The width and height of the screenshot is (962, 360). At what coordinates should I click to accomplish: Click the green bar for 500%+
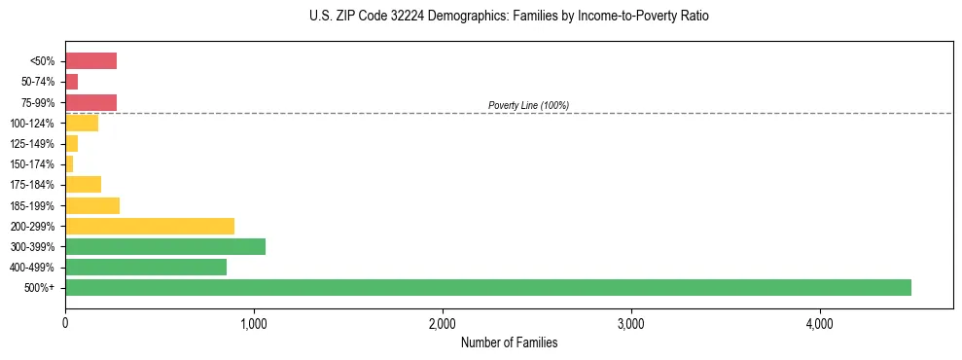(487, 287)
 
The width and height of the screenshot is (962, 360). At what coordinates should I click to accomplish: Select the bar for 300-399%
(164, 246)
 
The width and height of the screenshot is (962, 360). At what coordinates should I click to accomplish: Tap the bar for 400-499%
(145, 267)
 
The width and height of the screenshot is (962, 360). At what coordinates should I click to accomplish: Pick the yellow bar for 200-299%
(149, 226)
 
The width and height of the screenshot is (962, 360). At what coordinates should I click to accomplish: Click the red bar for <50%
(90, 61)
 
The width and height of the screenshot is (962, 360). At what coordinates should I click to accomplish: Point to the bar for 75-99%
(90, 102)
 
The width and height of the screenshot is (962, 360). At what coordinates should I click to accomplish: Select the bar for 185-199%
(91, 205)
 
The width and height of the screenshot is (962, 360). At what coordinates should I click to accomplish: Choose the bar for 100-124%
(82, 123)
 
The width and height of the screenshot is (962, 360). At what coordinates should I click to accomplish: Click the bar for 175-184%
(83, 185)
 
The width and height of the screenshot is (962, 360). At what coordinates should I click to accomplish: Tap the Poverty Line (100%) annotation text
(528, 105)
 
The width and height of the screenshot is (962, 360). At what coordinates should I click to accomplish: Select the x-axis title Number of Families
(509, 342)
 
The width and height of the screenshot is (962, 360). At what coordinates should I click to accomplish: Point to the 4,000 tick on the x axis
(819, 322)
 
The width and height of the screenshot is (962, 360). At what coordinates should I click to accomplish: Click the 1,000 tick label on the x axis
(254, 322)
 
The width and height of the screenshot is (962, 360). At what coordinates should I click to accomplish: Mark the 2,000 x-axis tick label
(443, 322)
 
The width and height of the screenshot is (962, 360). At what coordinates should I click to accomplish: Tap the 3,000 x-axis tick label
(630, 322)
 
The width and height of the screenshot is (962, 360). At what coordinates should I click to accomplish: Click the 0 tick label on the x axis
(65, 322)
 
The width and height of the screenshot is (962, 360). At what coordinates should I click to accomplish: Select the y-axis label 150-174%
(33, 164)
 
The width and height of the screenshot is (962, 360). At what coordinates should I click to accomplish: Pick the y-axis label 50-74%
(38, 82)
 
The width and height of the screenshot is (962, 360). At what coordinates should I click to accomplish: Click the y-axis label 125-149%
(33, 144)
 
